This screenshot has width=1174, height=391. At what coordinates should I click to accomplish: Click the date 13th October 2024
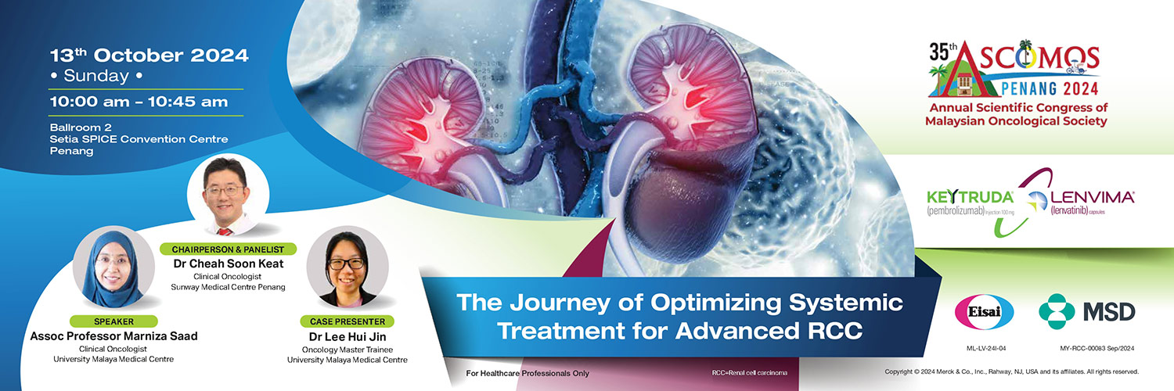pos(149,55)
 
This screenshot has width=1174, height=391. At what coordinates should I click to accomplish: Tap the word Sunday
pos(96,76)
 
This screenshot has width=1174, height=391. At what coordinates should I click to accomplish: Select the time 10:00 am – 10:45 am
pos(139,102)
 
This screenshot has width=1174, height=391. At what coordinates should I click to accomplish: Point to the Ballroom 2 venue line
pos(81,127)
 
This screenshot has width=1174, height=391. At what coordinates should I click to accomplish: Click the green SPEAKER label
pos(113,321)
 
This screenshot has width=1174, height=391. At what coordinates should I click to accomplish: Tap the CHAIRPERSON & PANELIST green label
pos(228,249)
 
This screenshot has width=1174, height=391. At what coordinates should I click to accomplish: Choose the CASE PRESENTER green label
pos(348,321)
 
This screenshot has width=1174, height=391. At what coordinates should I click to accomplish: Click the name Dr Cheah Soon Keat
pos(229,264)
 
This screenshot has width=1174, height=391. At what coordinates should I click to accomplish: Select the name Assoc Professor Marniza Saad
pos(113,336)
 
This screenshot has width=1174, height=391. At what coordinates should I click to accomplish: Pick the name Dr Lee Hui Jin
pos(348,336)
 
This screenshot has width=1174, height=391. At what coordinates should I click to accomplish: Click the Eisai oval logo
pos(984,312)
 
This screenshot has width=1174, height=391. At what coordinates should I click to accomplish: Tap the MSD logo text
pos(1109,313)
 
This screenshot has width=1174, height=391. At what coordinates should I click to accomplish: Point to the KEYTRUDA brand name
pos(970,197)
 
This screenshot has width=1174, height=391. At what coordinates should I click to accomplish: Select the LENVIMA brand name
pos(1093,197)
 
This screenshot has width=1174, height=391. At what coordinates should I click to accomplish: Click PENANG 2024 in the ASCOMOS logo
pos(1050,88)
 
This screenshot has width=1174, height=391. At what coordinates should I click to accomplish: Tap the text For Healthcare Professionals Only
pos(528,373)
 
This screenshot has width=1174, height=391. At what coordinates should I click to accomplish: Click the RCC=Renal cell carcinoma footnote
pos(750,373)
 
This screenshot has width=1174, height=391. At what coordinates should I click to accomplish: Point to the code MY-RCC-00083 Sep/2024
pos(1097,348)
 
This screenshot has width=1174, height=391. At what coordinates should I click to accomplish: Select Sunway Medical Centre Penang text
pos(228,287)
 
